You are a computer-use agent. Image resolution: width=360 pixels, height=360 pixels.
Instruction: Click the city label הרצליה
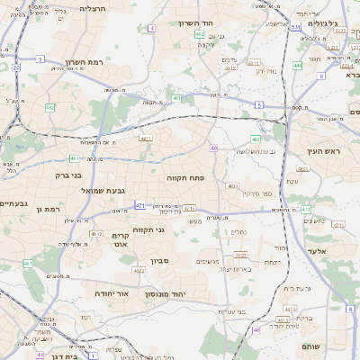[92, 7]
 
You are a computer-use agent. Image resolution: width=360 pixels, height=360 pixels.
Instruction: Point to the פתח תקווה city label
[186, 178]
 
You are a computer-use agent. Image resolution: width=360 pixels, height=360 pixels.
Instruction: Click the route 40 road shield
[214, 148]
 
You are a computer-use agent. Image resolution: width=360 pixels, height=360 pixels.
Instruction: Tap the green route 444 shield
[298, 66]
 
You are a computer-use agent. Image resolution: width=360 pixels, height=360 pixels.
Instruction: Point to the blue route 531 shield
[295, 27]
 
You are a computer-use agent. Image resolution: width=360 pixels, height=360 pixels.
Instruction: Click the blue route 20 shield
[16, 67]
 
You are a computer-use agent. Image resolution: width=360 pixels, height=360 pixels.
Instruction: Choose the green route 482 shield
[49, 108]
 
